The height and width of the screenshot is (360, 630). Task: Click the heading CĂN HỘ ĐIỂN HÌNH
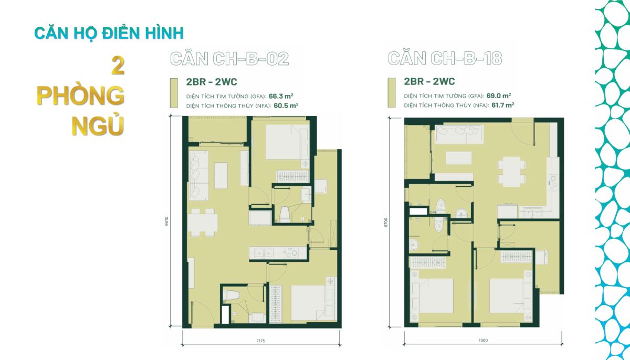click(109, 34)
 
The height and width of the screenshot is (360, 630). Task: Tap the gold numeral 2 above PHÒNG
click(118, 66)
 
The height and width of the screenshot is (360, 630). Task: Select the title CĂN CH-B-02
click(229, 59)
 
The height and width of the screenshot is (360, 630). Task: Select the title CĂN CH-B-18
click(445, 58)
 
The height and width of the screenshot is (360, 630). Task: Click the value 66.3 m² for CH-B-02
click(281, 96)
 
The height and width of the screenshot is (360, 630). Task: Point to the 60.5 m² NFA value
click(286, 105)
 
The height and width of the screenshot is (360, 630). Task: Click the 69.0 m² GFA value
click(499, 96)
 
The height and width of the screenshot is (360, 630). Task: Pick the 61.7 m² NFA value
click(503, 105)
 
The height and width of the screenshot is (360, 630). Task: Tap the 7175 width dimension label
click(260, 341)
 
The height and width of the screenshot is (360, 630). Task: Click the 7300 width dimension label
click(483, 341)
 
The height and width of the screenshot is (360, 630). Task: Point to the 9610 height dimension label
click(167, 221)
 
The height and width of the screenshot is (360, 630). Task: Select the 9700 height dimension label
click(386, 222)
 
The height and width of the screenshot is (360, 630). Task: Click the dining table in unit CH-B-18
click(511, 172)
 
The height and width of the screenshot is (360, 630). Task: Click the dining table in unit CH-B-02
click(203, 223)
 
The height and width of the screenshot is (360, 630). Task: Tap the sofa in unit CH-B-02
click(198, 175)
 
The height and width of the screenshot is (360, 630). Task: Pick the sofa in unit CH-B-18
click(459, 134)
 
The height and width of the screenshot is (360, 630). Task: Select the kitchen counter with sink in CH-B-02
click(278, 253)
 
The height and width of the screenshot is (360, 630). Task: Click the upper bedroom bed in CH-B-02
click(283, 142)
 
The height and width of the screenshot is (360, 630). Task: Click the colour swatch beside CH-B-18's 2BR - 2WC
click(392, 92)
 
